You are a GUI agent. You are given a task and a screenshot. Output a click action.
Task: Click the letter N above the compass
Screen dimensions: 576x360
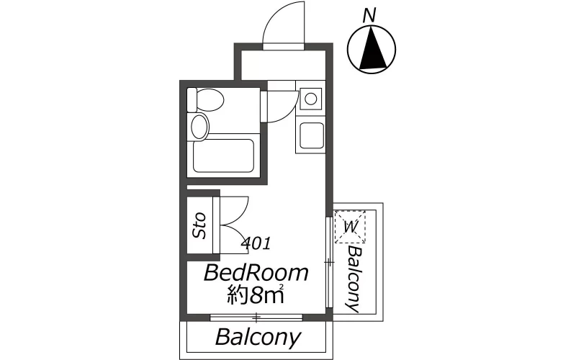pyautogui.click(x=369, y=15)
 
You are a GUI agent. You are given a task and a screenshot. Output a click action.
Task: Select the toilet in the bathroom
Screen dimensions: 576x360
pyautogui.click(x=205, y=99)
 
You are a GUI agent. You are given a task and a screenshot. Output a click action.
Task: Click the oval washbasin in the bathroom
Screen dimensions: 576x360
pyautogui.click(x=200, y=127)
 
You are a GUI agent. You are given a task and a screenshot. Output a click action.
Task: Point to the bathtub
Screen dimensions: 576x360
pyautogui.click(x=223, y=156)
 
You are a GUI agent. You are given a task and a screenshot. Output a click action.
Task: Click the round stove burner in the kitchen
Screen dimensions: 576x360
pyautogui.click(x=311, y=99)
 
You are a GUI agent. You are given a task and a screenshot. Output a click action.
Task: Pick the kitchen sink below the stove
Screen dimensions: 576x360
pyautogui.click(x=312, y=135)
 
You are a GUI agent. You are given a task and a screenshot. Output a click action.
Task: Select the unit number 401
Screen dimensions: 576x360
pyautogui.click(x=256, y=243)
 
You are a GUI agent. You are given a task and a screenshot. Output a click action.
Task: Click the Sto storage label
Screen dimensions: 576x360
pyautogui.click(x=199, y=225)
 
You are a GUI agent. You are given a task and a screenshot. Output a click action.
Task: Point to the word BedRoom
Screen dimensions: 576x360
pyautogui.click(x=256, y=273)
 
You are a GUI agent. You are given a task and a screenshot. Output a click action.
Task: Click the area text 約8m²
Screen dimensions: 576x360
pyautogui.click(x=256, y=294)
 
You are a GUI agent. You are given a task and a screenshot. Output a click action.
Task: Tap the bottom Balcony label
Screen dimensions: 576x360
pyautogui.click(x=258, y=337)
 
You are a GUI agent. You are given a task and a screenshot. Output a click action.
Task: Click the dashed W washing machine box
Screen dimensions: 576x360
pyautogui.click(x=350, y=227)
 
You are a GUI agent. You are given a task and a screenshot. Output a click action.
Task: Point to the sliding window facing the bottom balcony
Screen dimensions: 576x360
pyautogui.click(x=256, y=318)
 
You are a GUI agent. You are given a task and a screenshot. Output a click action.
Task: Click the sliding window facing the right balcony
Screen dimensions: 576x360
pyautogui.click(x=330, y=262)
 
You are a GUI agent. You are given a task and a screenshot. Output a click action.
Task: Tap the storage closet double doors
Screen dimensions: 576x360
pyautogui.click(x=230, y=225)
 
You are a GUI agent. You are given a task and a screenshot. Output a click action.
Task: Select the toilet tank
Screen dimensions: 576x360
pyautogui.click(x=192, y=99)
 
